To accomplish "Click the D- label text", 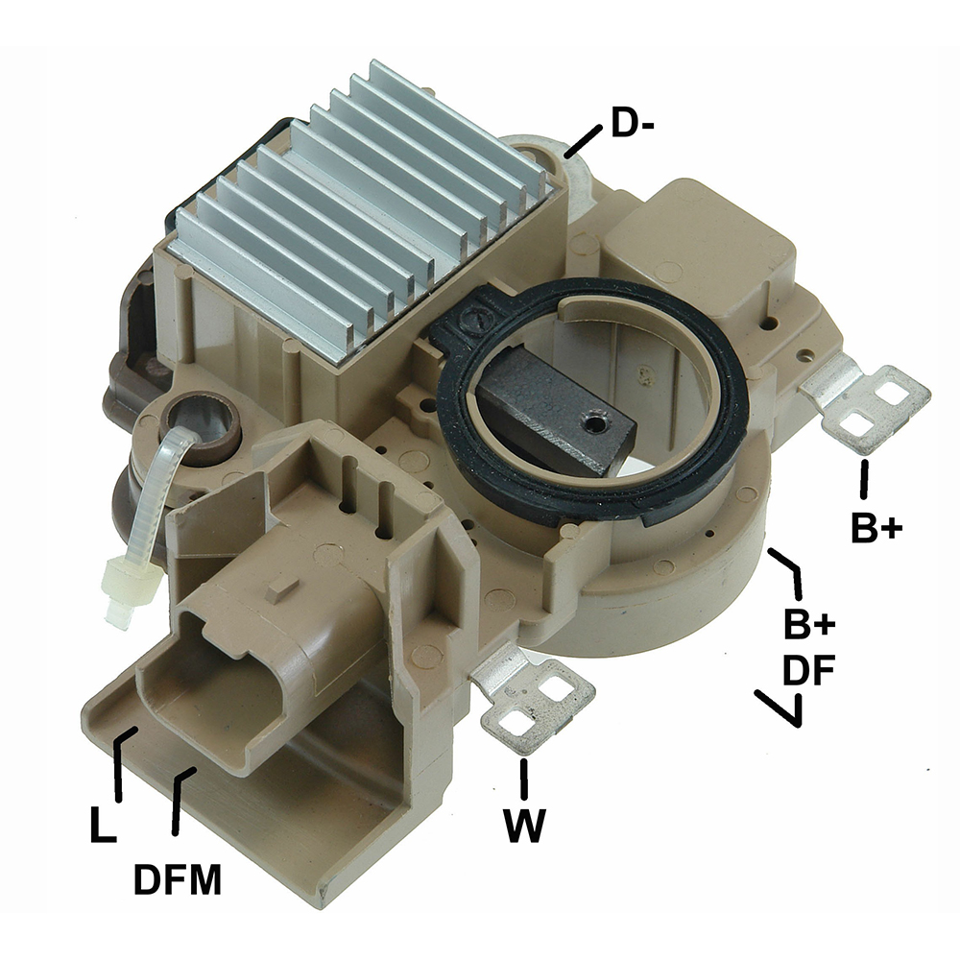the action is point(633,124).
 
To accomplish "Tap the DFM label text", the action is point(178,879).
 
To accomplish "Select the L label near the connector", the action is point(103,824).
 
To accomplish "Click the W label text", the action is point(523,826).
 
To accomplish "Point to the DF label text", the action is point(809,670).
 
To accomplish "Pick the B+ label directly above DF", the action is point(809,624).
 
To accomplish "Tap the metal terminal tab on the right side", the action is point(868,401).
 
